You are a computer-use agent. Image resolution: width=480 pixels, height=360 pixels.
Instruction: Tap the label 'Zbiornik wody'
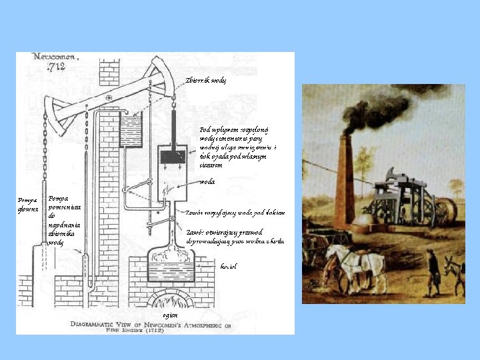(206, 80)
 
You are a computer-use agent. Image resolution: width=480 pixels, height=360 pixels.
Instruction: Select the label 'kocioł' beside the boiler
(228, 265)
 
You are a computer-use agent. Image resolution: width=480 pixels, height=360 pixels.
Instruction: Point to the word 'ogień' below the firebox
(170, 315)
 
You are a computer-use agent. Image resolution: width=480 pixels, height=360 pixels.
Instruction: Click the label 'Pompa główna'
(27, 205)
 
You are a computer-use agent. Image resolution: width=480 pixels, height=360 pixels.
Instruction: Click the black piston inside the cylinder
(176, 157)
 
